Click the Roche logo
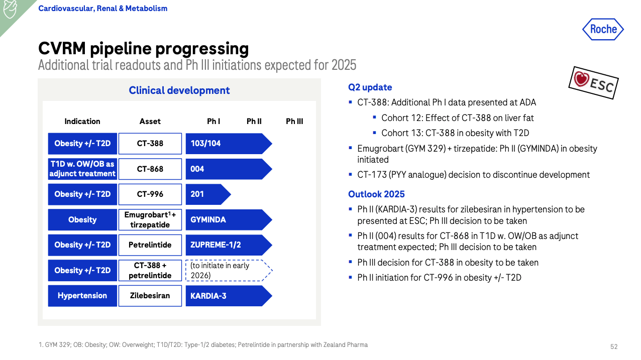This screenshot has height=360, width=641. tap(603, 29)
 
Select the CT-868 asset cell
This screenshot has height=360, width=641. tap(150, 169)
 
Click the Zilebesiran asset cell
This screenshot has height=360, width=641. tap(150, 296)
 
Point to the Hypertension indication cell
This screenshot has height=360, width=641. tap(82, 296)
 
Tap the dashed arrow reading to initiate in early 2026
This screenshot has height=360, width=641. tap(227, 271)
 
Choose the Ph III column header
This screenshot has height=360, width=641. tap(294, 122)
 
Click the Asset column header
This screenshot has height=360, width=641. tap(150, 122)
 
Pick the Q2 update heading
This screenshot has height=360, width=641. tap(370, 87)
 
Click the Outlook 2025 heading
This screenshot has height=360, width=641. tap(376, 194)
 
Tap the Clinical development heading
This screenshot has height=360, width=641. tap(179, 90)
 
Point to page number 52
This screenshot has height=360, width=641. tap(614, 347)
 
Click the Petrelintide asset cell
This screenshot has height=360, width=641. tap(150, 245)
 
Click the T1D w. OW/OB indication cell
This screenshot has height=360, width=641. tap(82, 169)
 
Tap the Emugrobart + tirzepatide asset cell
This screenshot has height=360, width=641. tap(150, 220)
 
